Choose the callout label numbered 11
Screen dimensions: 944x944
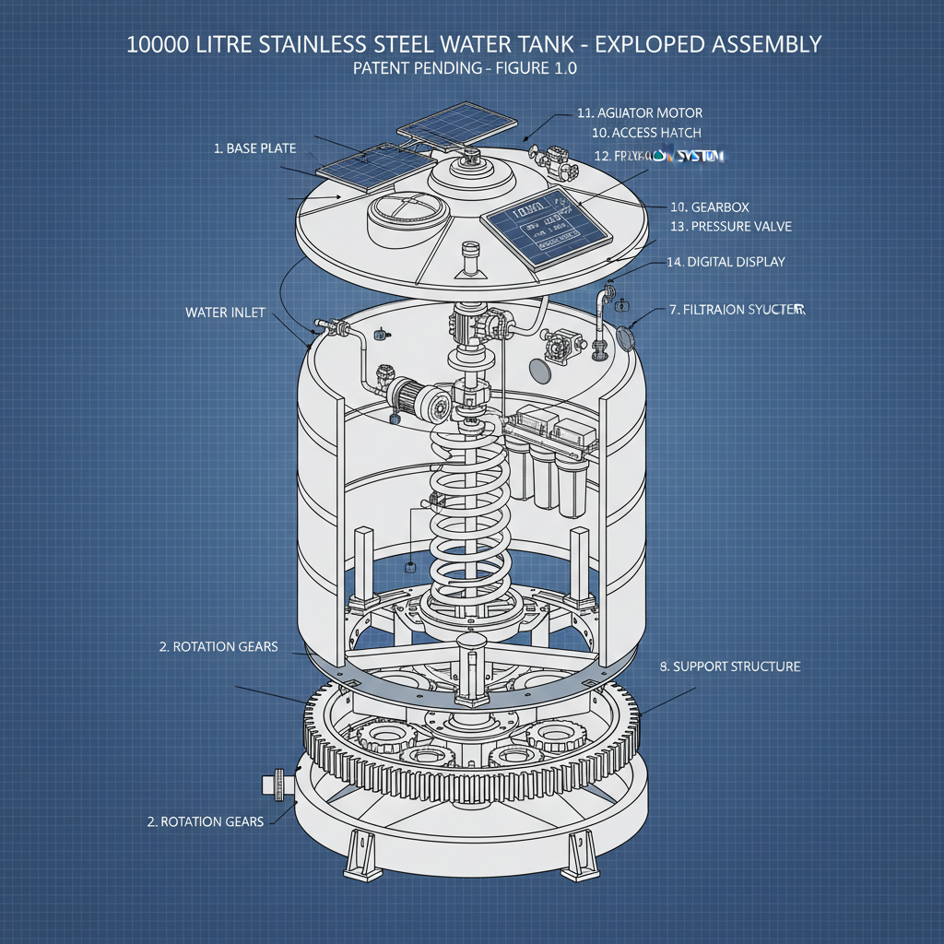[639, 112]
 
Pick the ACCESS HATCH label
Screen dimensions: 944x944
[646, 133]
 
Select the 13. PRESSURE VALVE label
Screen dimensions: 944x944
[730, 226]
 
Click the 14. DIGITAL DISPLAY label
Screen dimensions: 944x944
[726, 262]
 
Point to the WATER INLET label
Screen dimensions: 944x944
[225, 313]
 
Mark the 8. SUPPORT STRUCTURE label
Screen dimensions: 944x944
[730, 666]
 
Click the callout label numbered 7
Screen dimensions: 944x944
[737, 310]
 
